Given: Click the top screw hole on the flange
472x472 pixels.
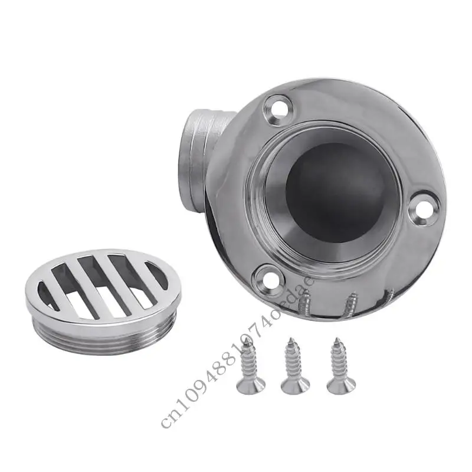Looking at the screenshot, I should [276, 109].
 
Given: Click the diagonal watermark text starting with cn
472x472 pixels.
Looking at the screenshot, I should [236, 348].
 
